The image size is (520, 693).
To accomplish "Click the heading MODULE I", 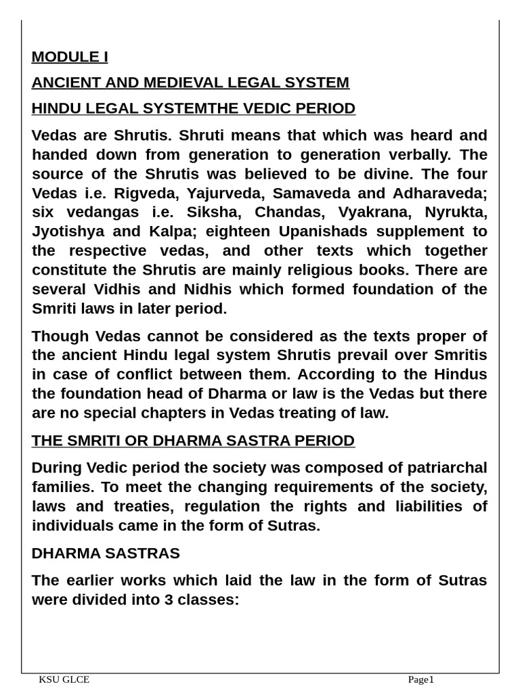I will (70, 57).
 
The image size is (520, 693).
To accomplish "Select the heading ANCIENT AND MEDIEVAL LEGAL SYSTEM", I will (190, 83).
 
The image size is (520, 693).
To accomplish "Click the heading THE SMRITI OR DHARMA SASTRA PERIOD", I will (193, 441).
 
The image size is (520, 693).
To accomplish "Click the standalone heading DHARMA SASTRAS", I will (106, 554).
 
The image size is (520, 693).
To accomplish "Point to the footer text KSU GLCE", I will (64, 680).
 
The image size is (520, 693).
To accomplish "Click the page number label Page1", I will (420, 680).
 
